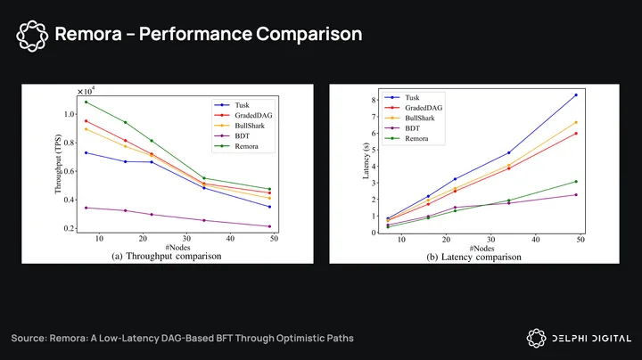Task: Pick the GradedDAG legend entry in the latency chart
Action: tap(424, 108)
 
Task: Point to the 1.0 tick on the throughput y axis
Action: tap(68, 115)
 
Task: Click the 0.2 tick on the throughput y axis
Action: tap(68, 228)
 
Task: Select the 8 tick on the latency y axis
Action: tap(374, 99)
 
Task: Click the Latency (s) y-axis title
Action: tap(366, 161)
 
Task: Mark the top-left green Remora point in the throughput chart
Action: tap(86, 102)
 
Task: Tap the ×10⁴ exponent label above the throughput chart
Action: tap(86, 91)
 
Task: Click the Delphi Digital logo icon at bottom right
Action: tap(537, 338)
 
